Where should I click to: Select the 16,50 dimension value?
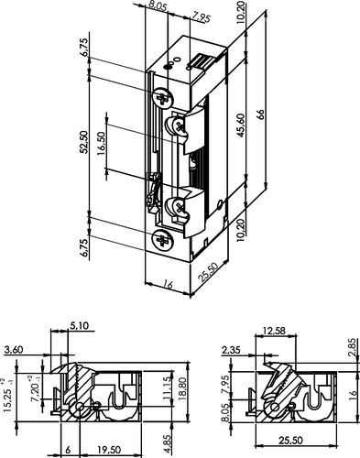pos(102,143)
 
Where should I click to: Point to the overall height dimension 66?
pos(260,114)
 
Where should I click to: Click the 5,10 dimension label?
pos(80,326)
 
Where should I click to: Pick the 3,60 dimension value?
pos(14,350)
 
